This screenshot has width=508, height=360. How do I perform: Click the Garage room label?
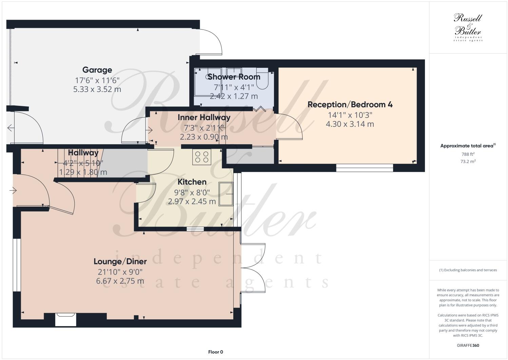point(97,70)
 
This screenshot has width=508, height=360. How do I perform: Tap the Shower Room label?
point(234,77)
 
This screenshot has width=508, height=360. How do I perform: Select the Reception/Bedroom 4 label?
point(350,105)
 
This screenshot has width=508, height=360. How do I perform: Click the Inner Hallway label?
point(204,117)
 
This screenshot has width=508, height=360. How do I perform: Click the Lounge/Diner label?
point(120,261)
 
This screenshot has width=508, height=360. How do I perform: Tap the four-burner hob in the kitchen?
point(201,157)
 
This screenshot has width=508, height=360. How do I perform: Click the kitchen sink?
point(226,194)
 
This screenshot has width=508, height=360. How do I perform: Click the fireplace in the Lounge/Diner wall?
point(65,319)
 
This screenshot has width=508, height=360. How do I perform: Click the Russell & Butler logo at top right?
point(468,27)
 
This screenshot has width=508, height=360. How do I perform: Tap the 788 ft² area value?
point(468,154)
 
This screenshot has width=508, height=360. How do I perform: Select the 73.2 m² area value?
point(468,162)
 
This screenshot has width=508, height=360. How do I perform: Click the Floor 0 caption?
point(215,352)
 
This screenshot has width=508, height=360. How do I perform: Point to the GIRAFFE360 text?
point(468,346)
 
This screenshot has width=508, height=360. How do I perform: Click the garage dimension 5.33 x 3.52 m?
point(97,90)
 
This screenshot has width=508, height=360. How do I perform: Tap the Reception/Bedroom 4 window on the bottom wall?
point(365,167)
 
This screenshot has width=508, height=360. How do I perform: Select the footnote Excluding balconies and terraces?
point(468,270)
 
